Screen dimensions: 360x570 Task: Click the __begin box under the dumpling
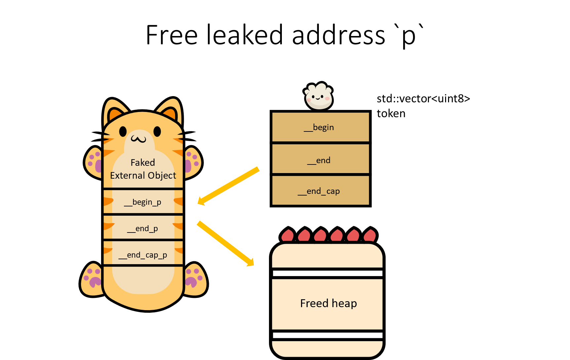320,127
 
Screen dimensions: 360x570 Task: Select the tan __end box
320,159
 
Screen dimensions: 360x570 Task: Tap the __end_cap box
320,191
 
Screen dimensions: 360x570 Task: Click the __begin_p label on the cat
143,202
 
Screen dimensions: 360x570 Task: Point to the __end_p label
143,229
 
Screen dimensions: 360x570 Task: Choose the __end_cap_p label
143,255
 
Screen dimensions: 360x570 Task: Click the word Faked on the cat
143,162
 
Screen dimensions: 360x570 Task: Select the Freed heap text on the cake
328,303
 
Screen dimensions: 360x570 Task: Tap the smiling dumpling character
319,97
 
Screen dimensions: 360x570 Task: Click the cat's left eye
123,131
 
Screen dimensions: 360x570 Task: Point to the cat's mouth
138,139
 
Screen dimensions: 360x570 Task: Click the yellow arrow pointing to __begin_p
228,186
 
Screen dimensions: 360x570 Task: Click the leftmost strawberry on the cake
288,235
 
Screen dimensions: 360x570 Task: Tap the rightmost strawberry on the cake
370,235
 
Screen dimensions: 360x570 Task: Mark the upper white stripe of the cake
327,273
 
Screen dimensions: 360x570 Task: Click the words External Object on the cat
143,175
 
